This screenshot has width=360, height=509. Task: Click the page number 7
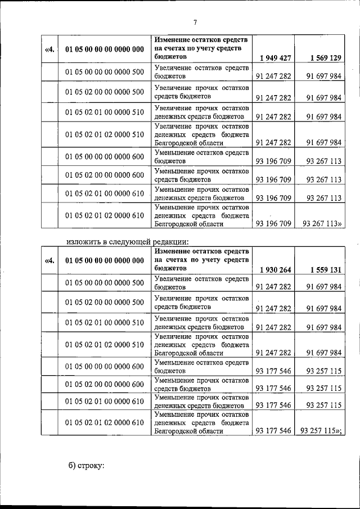point(195,22)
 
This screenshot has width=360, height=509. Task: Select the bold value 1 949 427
point(275,58)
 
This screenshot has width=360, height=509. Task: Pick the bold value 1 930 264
point(275,269)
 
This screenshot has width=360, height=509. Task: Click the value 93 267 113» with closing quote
point(323,223)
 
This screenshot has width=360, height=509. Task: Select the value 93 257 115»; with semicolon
point(323,431)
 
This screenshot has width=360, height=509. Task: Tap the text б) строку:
point(87,465)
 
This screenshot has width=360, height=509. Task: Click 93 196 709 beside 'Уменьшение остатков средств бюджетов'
point(273,161)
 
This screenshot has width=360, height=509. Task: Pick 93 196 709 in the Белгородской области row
point(273,223)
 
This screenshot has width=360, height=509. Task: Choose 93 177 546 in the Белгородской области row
point(273,431)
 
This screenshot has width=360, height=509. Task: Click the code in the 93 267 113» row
point(105,215)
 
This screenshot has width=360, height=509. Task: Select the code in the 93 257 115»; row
point(105,422)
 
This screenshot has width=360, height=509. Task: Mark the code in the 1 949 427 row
point(105,49)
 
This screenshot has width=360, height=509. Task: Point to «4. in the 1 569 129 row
point(49,49)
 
